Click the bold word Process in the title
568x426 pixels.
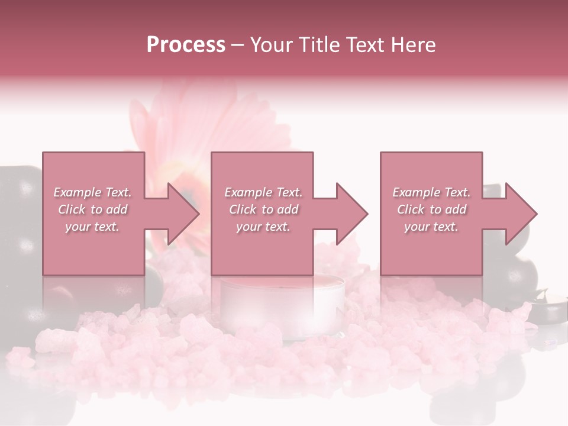(x=186, y=45)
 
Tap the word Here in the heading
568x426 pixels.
(x=412, y=45)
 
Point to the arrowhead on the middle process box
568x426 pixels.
(x=351, y=214)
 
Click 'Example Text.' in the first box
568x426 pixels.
(x=93, y=192)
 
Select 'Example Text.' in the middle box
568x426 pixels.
(x=263, y=192)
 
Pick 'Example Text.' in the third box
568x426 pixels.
(x=431, y=192)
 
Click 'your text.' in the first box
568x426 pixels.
(x=92, y=227)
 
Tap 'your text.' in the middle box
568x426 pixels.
(x=263, y=227)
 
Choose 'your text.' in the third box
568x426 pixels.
(x=431, y=227)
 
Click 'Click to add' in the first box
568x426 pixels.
(x=93, y=209)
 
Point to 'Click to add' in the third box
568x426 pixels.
(x=431, y=209)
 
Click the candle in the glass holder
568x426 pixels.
(x=283, y=302)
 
